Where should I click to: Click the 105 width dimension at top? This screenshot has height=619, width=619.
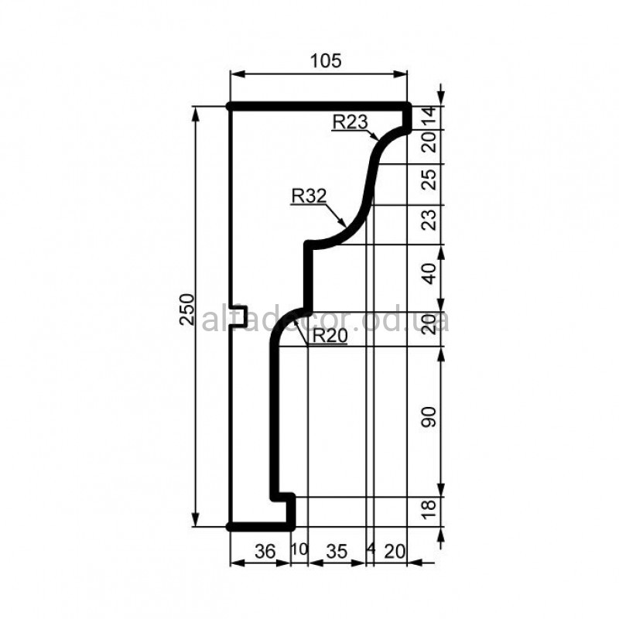pos(326,61)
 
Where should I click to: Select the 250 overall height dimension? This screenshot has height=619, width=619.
pos(187,309)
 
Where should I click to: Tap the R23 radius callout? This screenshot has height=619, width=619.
pos(351,122)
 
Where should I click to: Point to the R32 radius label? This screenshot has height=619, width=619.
pos(309,197)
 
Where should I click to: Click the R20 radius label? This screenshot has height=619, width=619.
pos(330,337)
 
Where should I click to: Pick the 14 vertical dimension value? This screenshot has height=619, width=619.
pos(429,117)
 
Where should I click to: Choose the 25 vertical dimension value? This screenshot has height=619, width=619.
pos(429,180)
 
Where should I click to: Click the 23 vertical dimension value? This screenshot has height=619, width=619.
pos(429,220)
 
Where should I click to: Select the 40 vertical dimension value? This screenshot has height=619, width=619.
pos(429,274)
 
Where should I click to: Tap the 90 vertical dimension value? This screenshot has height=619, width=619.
pos(429,417)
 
